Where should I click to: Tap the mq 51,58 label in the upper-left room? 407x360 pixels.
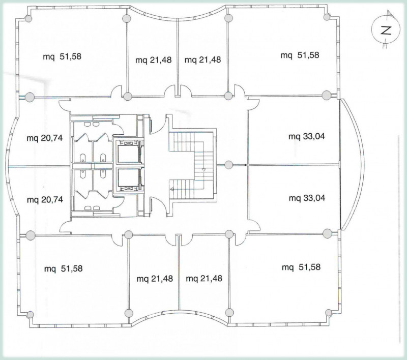62,56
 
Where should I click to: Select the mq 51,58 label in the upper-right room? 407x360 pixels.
300,55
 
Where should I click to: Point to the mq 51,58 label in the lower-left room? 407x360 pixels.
63,268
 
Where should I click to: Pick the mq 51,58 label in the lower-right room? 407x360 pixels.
301,267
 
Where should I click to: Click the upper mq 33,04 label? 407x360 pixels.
307,136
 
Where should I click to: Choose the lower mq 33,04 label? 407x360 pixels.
307,198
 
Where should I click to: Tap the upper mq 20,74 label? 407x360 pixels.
45,138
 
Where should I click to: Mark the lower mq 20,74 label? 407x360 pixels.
45,200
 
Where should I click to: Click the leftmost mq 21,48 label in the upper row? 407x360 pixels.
154,60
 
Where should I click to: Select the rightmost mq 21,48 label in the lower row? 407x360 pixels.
204,278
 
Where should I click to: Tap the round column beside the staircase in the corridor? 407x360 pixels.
228,165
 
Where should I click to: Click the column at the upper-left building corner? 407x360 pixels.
28,19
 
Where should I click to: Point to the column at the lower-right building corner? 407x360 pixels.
328,312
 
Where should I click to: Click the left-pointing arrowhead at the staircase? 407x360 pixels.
171,189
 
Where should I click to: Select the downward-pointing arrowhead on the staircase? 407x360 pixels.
204,170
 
